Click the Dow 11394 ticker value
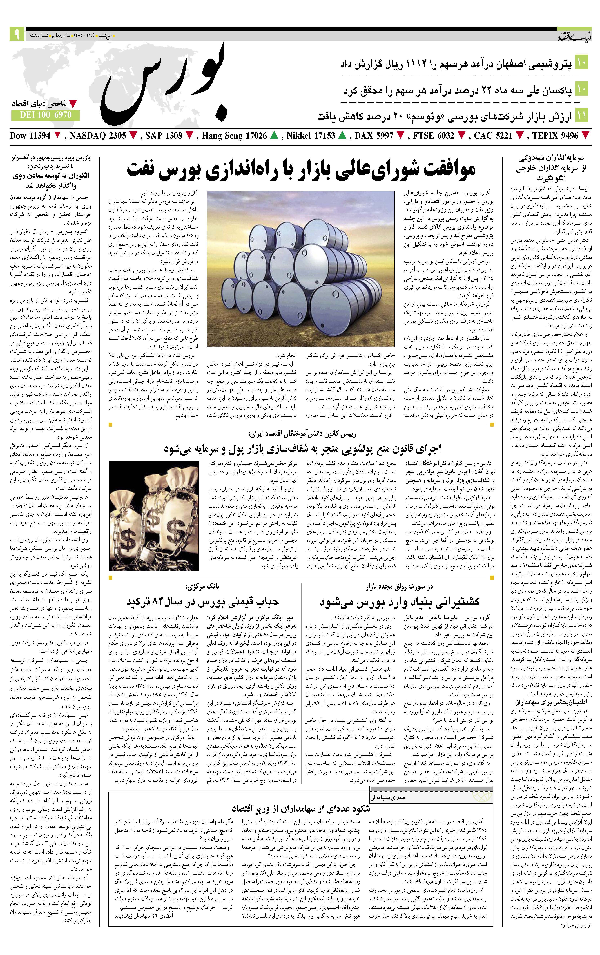click(30, 136)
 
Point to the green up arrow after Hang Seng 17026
click(273, 136)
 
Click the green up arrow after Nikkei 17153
click(342, 136)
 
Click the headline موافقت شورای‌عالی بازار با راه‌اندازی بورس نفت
click(301, 170)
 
